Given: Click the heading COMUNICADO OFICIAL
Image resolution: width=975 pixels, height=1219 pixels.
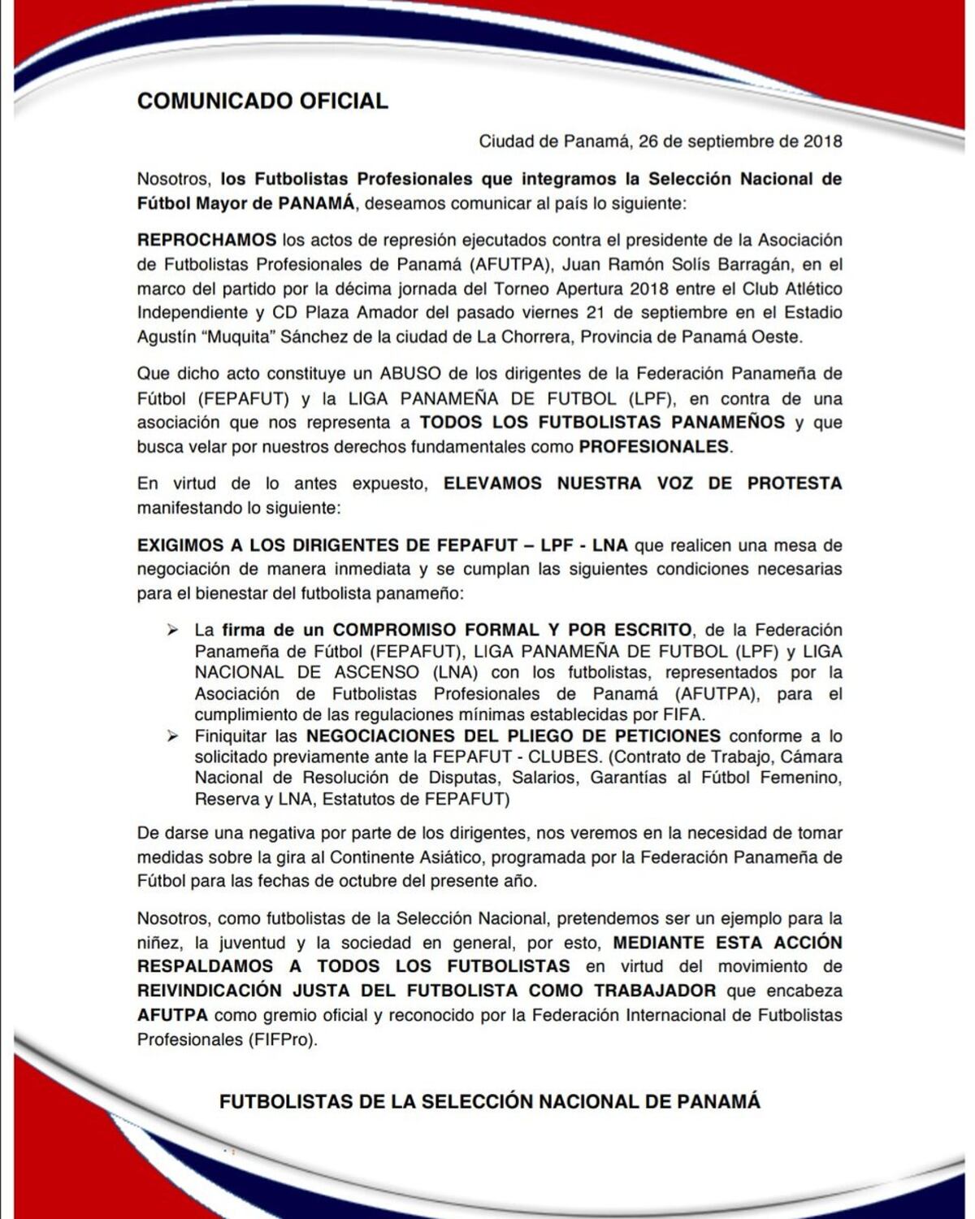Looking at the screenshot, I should coord(262,101).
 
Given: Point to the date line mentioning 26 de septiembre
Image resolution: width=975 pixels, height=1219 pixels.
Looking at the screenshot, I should coord(660,141).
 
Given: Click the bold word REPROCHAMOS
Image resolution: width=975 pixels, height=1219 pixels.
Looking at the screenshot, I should coord(206,241).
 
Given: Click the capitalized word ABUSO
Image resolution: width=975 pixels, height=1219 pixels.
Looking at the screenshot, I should coord(409,374).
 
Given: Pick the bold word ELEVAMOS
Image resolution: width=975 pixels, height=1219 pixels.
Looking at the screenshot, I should coord(492,484).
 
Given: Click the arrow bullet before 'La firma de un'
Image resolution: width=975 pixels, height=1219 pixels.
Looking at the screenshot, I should coord(172,630).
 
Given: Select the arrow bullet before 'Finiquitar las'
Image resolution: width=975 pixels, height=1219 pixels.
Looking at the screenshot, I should coord(172,736).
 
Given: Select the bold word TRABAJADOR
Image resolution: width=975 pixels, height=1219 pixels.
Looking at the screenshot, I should coord(655,991).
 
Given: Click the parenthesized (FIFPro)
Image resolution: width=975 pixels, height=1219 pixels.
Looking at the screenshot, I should coord(283,1039).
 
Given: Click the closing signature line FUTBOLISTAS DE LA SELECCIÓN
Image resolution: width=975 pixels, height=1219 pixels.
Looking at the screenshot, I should coord(490,1102).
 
